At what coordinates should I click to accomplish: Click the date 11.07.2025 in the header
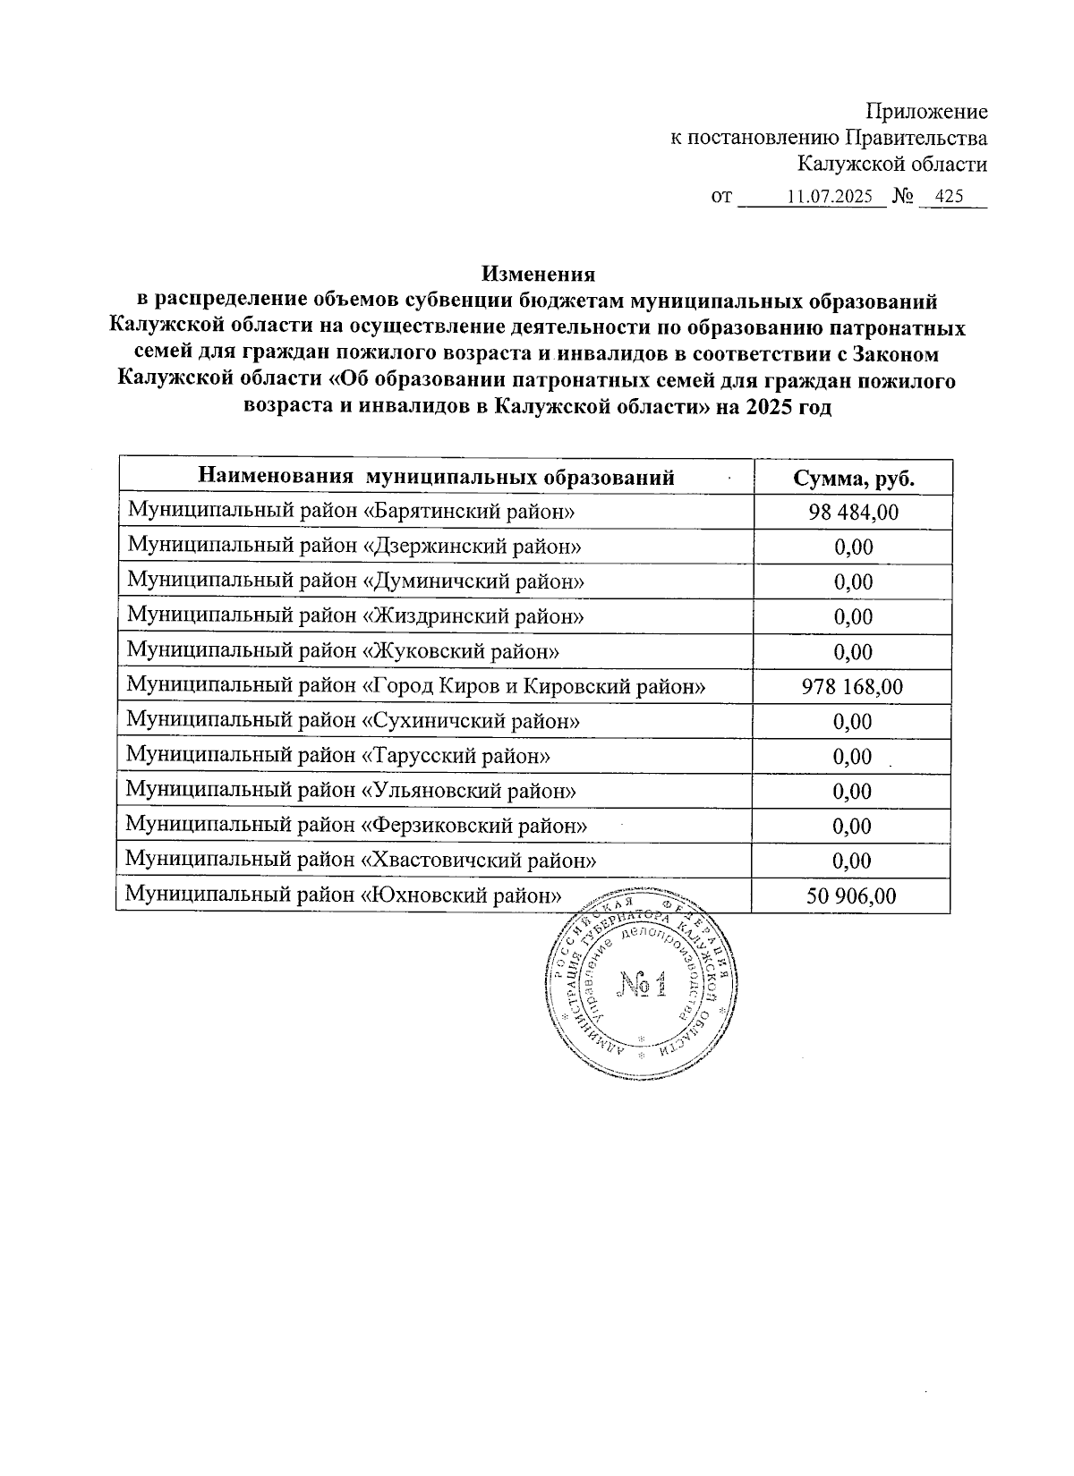830,197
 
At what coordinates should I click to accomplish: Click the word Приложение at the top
926,112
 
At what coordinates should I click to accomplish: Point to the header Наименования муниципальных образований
436,477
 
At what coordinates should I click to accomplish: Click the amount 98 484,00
852,512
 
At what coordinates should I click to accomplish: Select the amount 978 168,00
852,687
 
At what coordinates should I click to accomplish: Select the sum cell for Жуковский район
852,652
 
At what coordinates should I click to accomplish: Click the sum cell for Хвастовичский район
851,861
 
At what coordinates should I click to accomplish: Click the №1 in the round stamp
643,987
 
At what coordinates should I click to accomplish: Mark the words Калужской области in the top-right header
892,165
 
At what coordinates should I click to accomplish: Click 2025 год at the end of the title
793,408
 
